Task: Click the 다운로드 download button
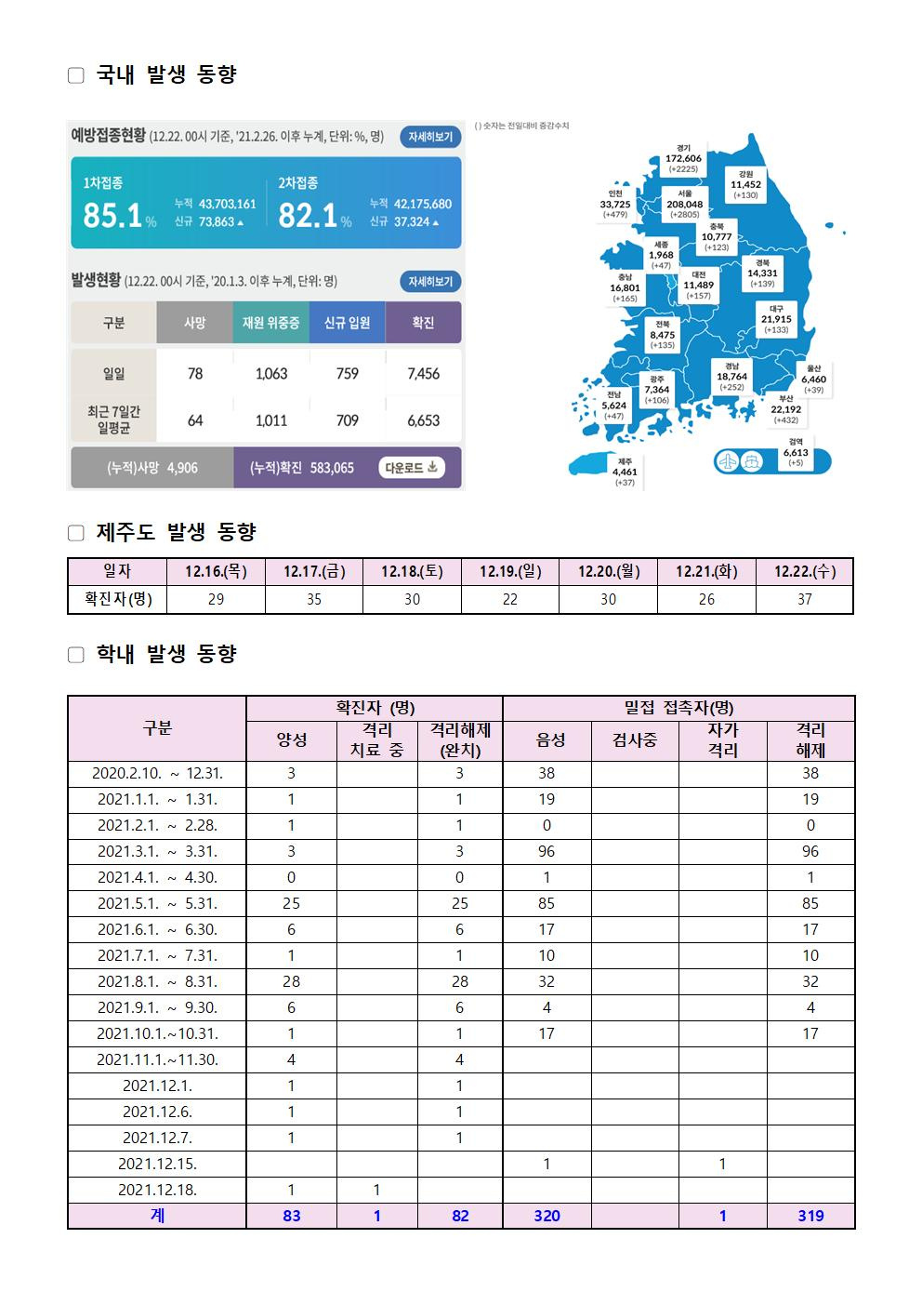click(x=412, y=467)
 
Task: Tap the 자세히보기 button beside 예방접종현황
click(x=430, y=137)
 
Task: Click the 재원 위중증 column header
click(x=270, y=323)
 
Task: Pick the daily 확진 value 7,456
click(x=423, y=373)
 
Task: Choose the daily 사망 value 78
click(x=194, y=373)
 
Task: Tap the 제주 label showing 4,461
click(x=625, y=472)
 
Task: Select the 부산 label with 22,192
click(x=785, y=408)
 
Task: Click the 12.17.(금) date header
click(x=314, y=571)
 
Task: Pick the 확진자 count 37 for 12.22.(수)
click(x=804, y=600)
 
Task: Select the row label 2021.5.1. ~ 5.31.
click(x=157, y=903)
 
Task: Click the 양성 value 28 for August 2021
click(x=291, y=981)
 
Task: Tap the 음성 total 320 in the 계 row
click(x=547, y=1216)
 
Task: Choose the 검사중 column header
click(x=635, y=740)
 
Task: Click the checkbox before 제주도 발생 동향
click(x=76, y=533)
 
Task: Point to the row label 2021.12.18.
click(x=157, y=1190)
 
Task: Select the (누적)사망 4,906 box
click(x=152, y=468)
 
